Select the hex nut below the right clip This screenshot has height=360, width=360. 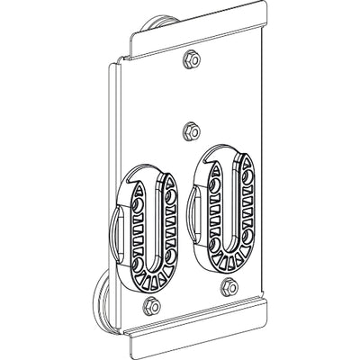227,287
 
